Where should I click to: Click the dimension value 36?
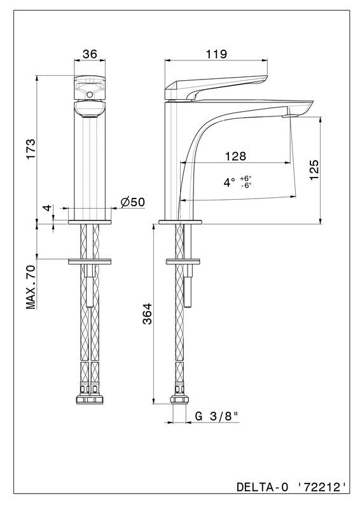coord(90,54)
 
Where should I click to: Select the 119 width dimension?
coord(216,54)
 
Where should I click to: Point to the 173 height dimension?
coord(31,149)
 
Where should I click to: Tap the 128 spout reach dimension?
coord(236,156)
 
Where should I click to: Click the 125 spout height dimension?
coord(314,170)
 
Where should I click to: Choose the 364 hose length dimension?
coord(148,314)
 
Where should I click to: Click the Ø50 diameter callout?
coord(132,202)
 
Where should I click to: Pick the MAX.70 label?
coord(31,287)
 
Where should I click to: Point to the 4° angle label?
coord(229,183)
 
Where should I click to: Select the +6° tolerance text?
coord(246,178)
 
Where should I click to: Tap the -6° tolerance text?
coord(246,185)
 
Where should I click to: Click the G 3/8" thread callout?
coord(217,416)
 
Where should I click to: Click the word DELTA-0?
coord(262,487)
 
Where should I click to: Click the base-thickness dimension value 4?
coord(48,208)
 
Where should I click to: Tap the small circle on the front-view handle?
coord(90,95)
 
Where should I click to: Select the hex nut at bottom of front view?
coord(90,400)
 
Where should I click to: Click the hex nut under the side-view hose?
coord(179,399)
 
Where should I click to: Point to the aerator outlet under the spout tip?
coord(290,116)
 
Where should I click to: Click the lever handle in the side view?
coord(216,87)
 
